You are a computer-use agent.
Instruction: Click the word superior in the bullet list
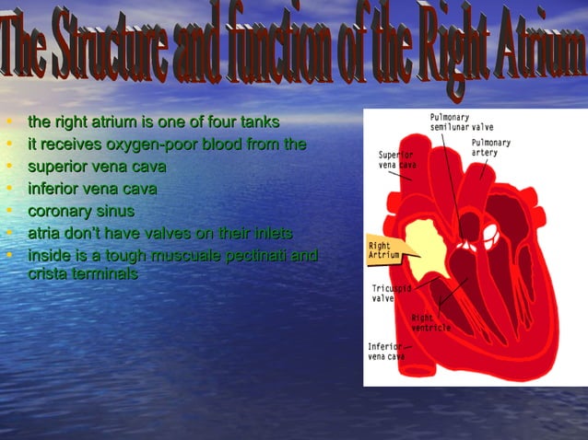pyautogui.click(x=59, y=168)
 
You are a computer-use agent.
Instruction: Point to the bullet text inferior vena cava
pyautogui.click(x=92, y=190)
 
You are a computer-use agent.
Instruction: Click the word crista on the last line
pyautogui.click(x=47, y=274)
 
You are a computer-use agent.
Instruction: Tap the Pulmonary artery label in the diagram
pyautogui.click(x=490, y=147)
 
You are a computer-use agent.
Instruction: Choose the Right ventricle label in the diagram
pyautogui.click(x=430, y=323)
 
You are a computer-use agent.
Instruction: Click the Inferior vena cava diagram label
pyautogui.click(x=386, y=351)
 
